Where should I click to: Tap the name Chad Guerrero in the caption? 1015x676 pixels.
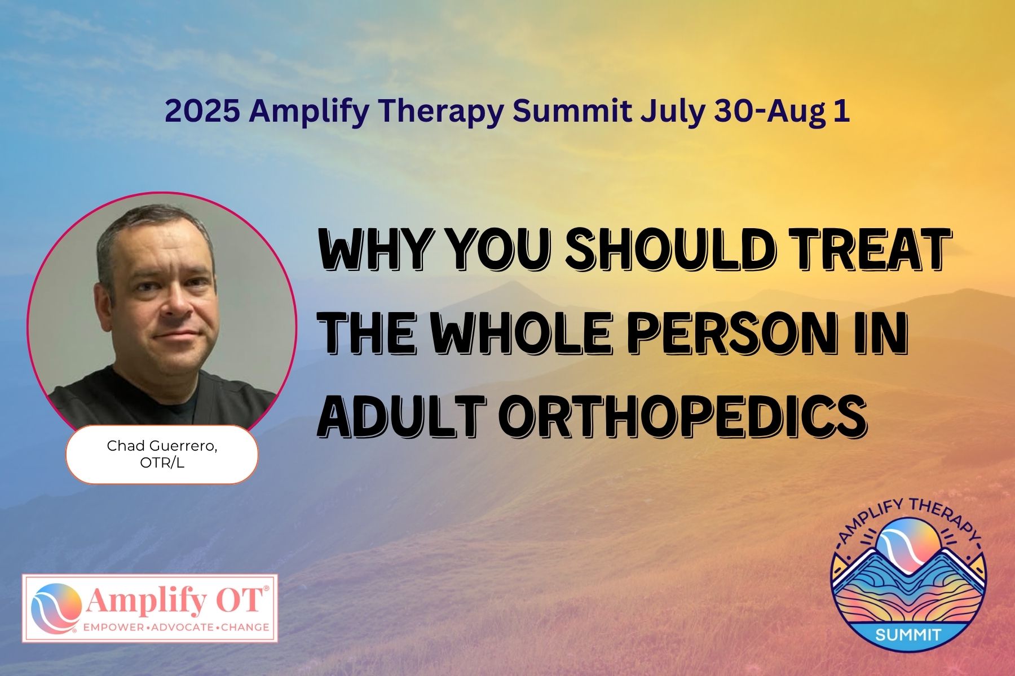click(x=162, y=446)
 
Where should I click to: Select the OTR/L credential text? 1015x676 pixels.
click(x=162, y=463)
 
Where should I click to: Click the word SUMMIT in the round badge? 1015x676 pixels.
click(x=908, y=634)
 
